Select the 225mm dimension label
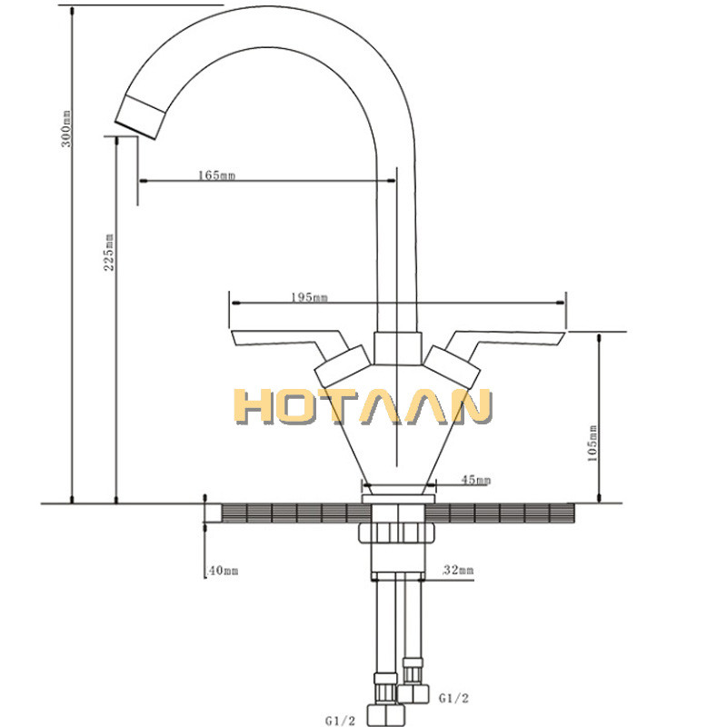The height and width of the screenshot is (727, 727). coord(109,252)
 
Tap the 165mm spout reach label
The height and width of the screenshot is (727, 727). coord(215,174)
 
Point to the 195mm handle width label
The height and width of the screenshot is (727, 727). coord(309,297)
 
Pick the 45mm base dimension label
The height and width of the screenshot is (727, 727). coord(475,480)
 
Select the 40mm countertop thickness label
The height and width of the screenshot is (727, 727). coord(223,571)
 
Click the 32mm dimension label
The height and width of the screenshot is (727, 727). coord(457,571)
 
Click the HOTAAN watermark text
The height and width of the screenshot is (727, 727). coord(363,406)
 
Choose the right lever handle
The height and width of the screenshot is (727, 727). coord(509,341)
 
